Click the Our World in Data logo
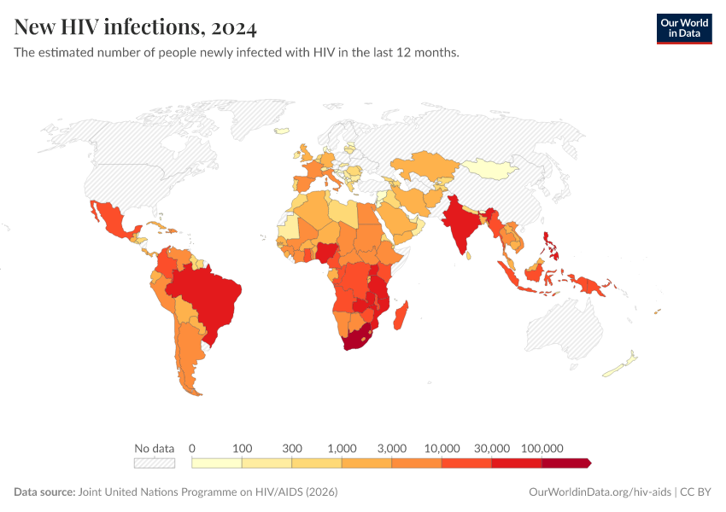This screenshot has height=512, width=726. [683, 28]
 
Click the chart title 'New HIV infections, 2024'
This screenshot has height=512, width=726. [135, 28]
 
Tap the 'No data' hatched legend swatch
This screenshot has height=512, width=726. [154, 463]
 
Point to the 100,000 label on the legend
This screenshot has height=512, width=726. [542, 448]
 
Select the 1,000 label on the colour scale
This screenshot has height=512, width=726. [342, 448]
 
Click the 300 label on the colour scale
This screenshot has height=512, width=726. [292, 448]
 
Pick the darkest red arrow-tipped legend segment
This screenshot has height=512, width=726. [565, 463]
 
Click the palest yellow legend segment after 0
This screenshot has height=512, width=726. [217, 463]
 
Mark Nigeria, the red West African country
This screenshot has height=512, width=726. [328, 251]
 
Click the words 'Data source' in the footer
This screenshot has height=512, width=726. [44, 492]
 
